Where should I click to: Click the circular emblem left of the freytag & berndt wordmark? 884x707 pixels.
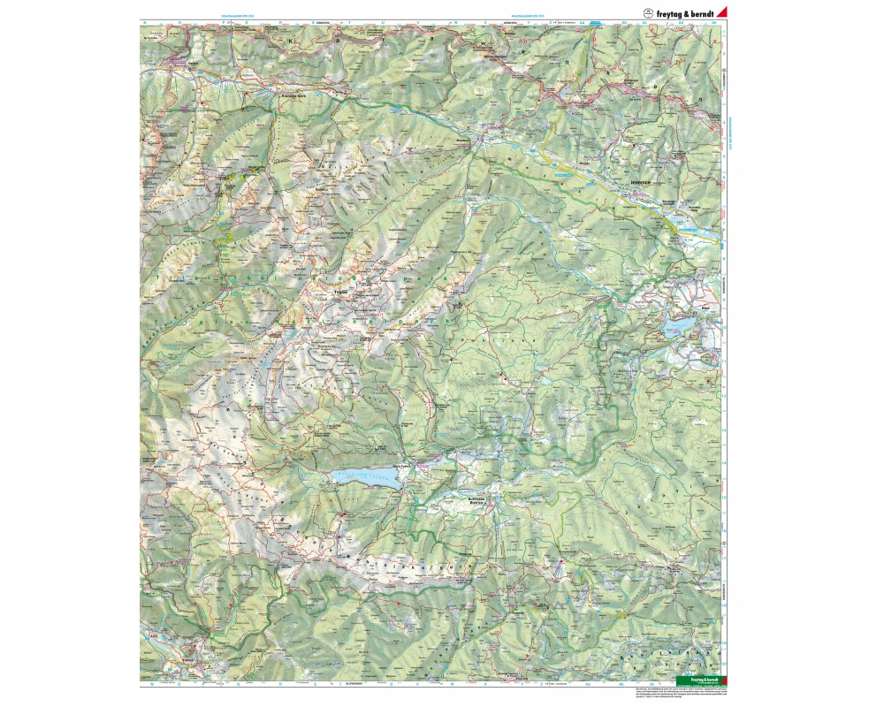pos(647,11)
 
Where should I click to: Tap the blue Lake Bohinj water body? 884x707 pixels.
pos(367,478)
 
